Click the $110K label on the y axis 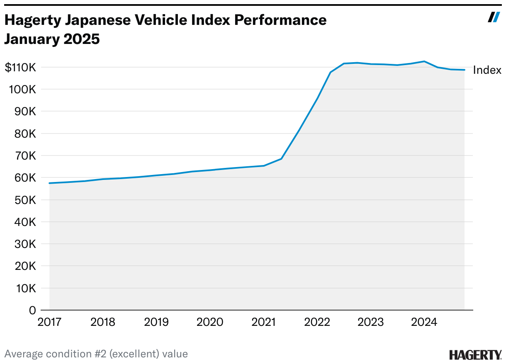coord(21,68)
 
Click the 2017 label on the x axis coord(50,322)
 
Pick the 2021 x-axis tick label coord(264,322)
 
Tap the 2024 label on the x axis coord(424,322)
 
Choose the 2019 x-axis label coord(157,322)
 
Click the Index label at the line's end coord(487,70)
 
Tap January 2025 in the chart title coord(52,39)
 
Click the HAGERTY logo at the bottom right coord(475,355)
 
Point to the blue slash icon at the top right coord(494,17)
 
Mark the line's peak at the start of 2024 coord(424,61)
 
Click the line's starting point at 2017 coord(50,183)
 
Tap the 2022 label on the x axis coord(317,322)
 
